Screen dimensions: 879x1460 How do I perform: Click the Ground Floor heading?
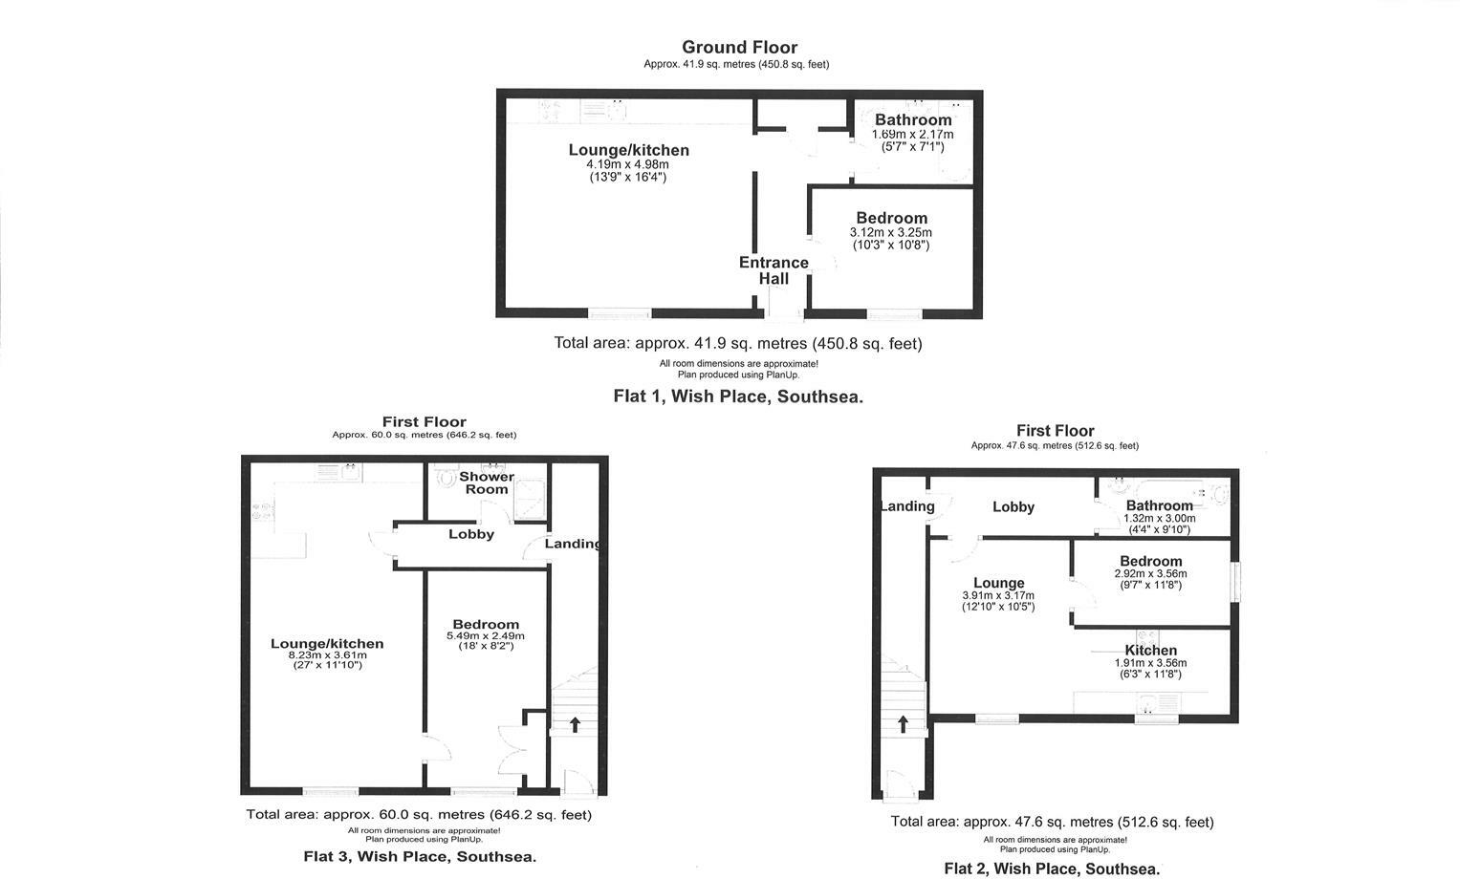[x=739, y=47]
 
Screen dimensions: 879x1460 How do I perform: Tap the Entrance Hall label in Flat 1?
[x=774, y=270]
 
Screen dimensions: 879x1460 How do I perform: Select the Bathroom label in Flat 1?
[x=913, y=119]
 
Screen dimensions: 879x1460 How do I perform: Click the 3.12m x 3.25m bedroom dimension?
[x=890, y=233]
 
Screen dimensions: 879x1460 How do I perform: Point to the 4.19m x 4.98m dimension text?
[x=627, y=164]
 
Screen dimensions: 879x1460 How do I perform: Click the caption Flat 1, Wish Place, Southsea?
[x=737, y=397]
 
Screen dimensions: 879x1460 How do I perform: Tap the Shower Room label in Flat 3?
[x=487, y=482]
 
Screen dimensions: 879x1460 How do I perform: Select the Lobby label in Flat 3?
[x=471, y=534]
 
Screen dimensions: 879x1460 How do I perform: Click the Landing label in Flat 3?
[x=573, y=544]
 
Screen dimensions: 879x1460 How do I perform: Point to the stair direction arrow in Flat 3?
[x=575, y=724]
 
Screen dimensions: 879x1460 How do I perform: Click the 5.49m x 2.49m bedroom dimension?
[x=486, y=636]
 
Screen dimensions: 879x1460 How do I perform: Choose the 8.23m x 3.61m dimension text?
[x=327, y=655]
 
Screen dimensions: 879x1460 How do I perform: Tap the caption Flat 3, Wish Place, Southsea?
[x=420, y=856]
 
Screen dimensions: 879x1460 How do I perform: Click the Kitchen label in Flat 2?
[x=1150, y=651]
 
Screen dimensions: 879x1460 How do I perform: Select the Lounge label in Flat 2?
[x=999, y=583]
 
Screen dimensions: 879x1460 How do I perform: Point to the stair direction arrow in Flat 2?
[x=903, y=723]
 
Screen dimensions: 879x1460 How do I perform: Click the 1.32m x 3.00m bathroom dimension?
[x=1159, y=519]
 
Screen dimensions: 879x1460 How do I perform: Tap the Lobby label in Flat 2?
[x=1013, y=507]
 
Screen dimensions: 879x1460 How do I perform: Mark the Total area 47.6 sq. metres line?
[x=1052, y=822]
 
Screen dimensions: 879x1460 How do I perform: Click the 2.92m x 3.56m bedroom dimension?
[x=1150, y=574]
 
